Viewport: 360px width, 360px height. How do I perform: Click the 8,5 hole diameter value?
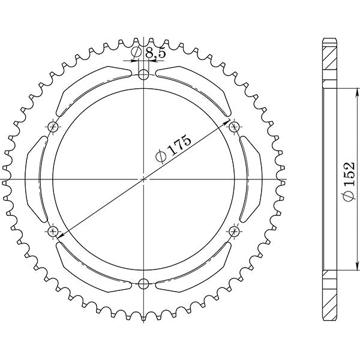(155, 53)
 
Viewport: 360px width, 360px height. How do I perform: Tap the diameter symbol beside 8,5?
(137, 53)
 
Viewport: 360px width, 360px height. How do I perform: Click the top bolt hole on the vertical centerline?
(143, 75)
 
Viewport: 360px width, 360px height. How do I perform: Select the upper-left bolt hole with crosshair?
(53, 127)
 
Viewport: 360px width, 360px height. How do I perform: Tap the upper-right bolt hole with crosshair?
(234, 127)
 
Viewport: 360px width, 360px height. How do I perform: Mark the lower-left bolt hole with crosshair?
(53, 231)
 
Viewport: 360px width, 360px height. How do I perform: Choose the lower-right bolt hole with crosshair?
(234, 231)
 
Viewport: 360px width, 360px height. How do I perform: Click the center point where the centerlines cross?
(143, 179)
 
